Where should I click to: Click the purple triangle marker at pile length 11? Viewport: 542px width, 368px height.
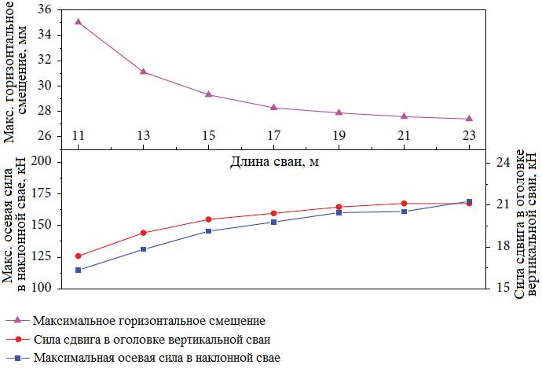click(x=78, y=21)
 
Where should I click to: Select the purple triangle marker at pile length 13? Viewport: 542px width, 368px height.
click(x=143, y=71)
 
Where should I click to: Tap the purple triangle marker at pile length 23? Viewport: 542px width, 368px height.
click(x=469, y=118)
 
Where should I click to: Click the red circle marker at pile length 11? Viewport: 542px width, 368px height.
click(x=78, y=256)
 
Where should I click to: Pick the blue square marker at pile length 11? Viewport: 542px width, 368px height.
click(x=78, y=270)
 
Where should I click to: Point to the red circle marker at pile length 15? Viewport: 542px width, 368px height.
click(x=208, y=219)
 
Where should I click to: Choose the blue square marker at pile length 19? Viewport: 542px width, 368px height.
click(x=339, y=212)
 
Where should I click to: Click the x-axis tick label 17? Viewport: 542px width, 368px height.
click(x=273, y=136)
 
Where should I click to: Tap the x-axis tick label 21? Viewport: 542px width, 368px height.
click(x=404, y=136)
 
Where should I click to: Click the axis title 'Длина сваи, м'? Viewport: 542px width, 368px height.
click(x=275, y=163)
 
